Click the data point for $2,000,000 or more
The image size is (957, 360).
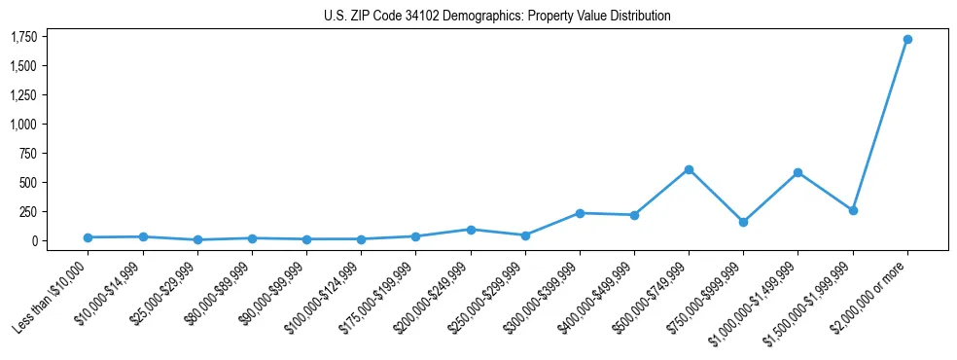[x=906, y=40]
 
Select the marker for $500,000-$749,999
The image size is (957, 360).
[x=689, y=169]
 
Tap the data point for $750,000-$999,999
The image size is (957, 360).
[x=743, y=222]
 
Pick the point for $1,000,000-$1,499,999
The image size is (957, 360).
[x=797, y=172]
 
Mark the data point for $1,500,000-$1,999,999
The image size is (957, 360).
[x=852, y=210]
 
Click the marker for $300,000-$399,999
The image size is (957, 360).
[x=580, y=213]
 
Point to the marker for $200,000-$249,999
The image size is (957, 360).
[x=471, y=230]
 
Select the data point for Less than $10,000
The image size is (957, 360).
[x=89, y=237]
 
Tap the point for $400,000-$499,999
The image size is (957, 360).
[x=634, y=215]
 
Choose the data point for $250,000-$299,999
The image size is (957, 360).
[x=525, y=235]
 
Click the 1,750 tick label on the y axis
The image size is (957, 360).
[x=24, y=37]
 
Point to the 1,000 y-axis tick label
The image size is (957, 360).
[x=24, y=125]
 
